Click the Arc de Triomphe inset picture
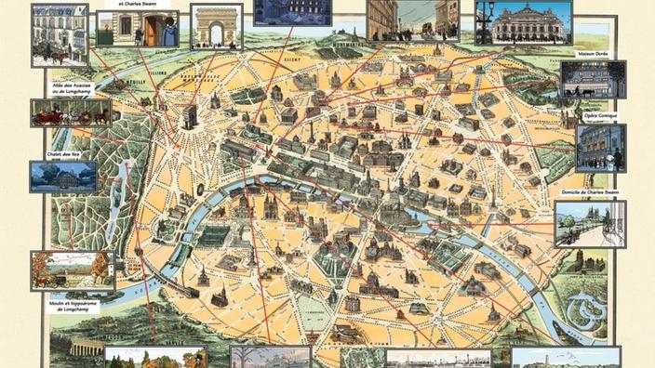pos(216,25)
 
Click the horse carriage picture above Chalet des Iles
pos(71,113)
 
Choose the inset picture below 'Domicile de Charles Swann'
pos(590,224)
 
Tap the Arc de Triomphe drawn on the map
pos(189,115)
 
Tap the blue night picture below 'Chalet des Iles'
pos(63,176)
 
